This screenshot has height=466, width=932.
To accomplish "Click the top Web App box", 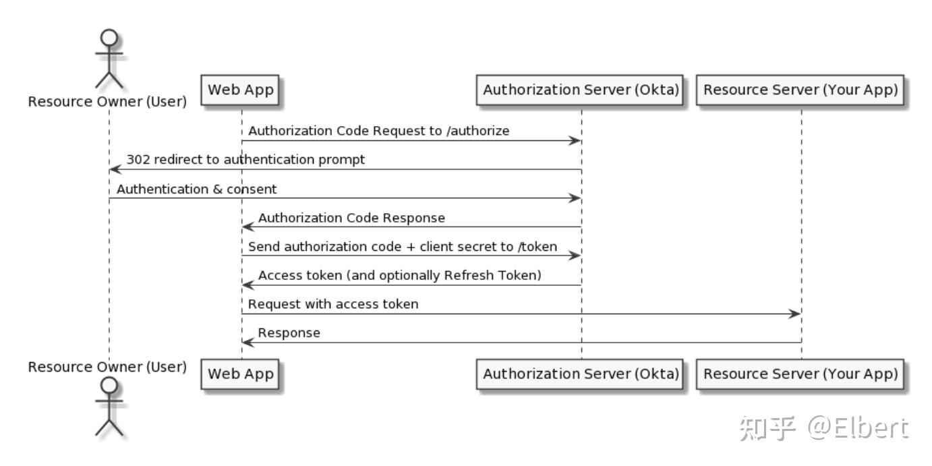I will coord(241,90).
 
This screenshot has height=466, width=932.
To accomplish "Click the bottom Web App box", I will coord(241,374).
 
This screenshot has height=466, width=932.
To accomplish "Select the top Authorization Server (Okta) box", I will coord(581,90).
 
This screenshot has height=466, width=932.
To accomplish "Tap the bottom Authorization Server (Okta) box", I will coord(581,374).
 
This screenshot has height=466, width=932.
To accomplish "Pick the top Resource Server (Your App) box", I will coord(801,90).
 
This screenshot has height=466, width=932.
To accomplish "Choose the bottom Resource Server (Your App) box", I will coord(801,374).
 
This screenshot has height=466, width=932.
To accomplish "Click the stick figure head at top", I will coord(109,36).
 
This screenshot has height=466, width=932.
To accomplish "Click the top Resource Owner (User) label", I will coord(107,102).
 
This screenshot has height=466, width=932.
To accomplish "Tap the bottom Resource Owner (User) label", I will coord(107,367).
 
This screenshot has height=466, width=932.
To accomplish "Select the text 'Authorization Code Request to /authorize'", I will coord(378,131).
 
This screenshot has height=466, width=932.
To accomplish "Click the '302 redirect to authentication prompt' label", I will coord(245,160).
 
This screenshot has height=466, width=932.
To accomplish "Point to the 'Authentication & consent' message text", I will coord(196,189).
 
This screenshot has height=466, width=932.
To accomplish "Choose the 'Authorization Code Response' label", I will coord(351,218).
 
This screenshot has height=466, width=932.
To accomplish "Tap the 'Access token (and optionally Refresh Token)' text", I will coord(400,276).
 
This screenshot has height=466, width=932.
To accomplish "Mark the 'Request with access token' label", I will coord(333,304).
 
